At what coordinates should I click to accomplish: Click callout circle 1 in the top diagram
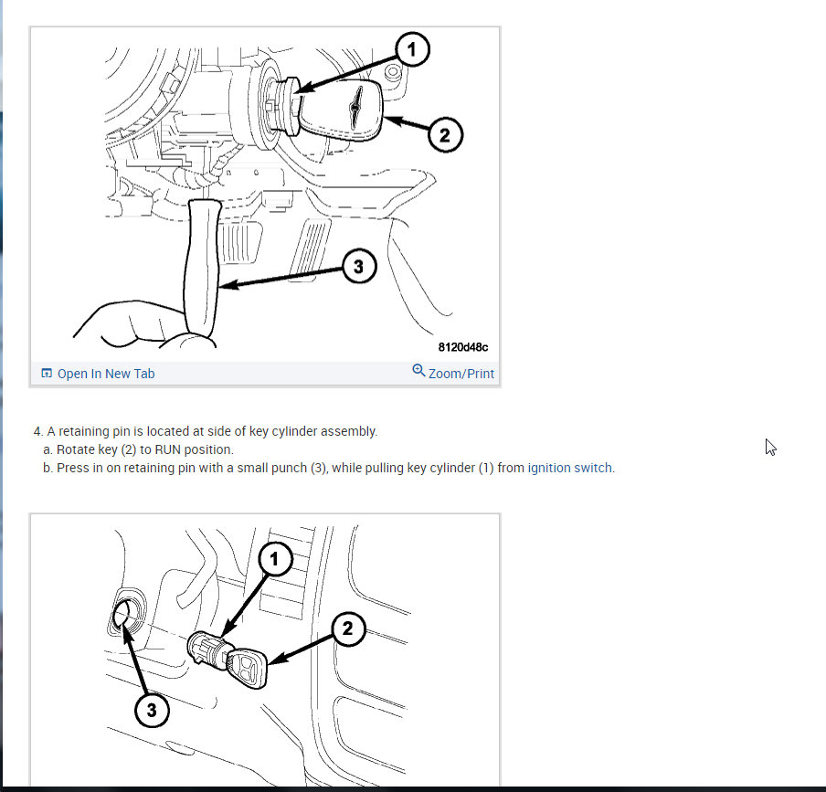click(412, 49)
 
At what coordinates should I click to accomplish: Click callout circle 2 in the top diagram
click(445, 135)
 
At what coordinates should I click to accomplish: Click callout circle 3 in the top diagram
click(359, 266)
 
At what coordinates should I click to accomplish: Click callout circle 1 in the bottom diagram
click(274, 559)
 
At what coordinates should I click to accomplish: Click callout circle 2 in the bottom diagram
click(348, 628)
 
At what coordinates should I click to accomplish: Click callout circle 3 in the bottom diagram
click(152, 710)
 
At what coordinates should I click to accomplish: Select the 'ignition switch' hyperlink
click(570, 468)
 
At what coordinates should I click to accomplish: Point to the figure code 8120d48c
click(463, 347)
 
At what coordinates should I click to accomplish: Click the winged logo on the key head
click(356, 106)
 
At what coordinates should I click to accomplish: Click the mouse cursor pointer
click(770, 447)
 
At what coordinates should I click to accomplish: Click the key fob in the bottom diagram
click(247, 669)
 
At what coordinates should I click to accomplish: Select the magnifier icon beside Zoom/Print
click(418, 370)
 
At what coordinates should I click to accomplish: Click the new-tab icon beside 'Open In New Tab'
click(47, 374)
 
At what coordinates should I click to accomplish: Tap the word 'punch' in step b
click(291, 468)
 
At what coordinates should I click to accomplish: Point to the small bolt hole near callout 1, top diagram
click(393, 71)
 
